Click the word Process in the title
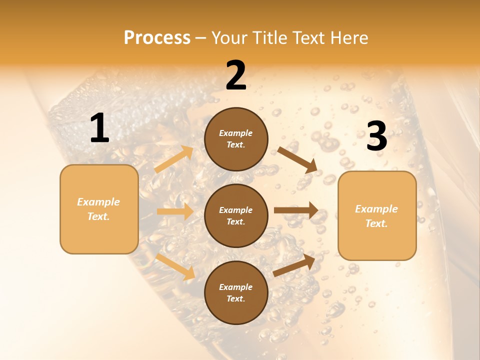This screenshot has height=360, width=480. tap(157, 37)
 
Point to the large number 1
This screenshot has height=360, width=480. tap(99, 128)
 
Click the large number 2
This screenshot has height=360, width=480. tap(236, 75)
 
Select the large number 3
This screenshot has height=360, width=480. tap(376, 136)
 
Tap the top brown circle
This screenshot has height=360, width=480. tap(236, 139)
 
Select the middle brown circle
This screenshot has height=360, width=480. tap(236, 215)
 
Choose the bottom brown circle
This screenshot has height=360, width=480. tap(236, 292)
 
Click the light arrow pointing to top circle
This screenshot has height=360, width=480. tap(174, 159)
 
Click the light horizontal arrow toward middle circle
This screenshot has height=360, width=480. tap(175, 211)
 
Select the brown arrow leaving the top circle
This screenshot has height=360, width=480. tap(297, 159)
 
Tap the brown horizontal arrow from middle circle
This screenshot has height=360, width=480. tap(296, 210)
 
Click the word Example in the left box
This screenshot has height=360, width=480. tap(98, 202)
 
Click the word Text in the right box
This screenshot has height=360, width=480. tap(376, 223)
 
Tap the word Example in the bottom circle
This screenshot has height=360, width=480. tap(236, 287)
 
